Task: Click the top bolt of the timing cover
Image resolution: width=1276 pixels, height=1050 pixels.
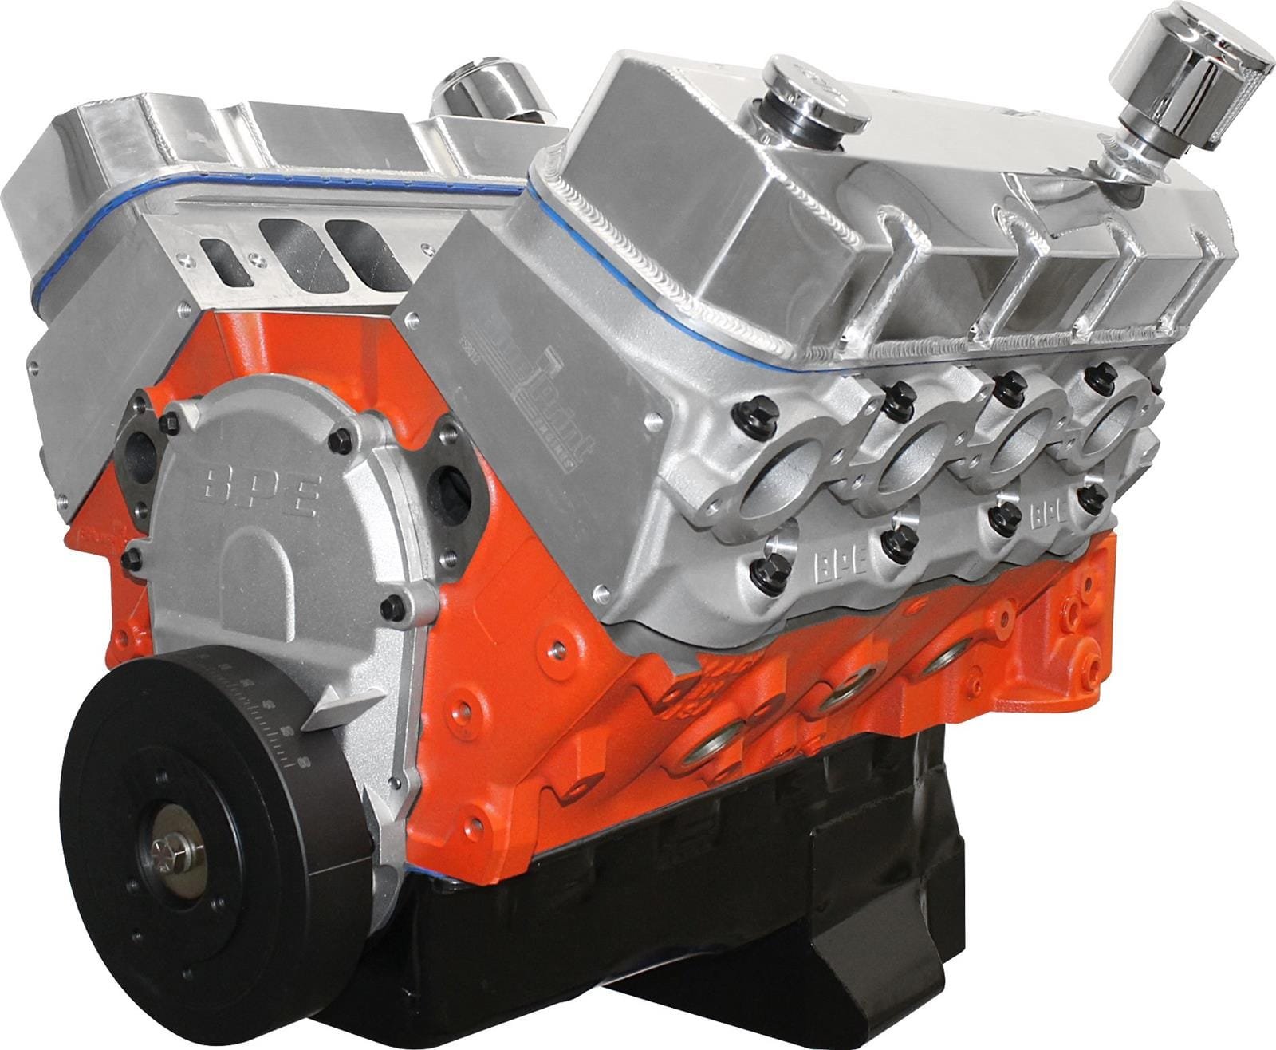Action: [x=341, y=438]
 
